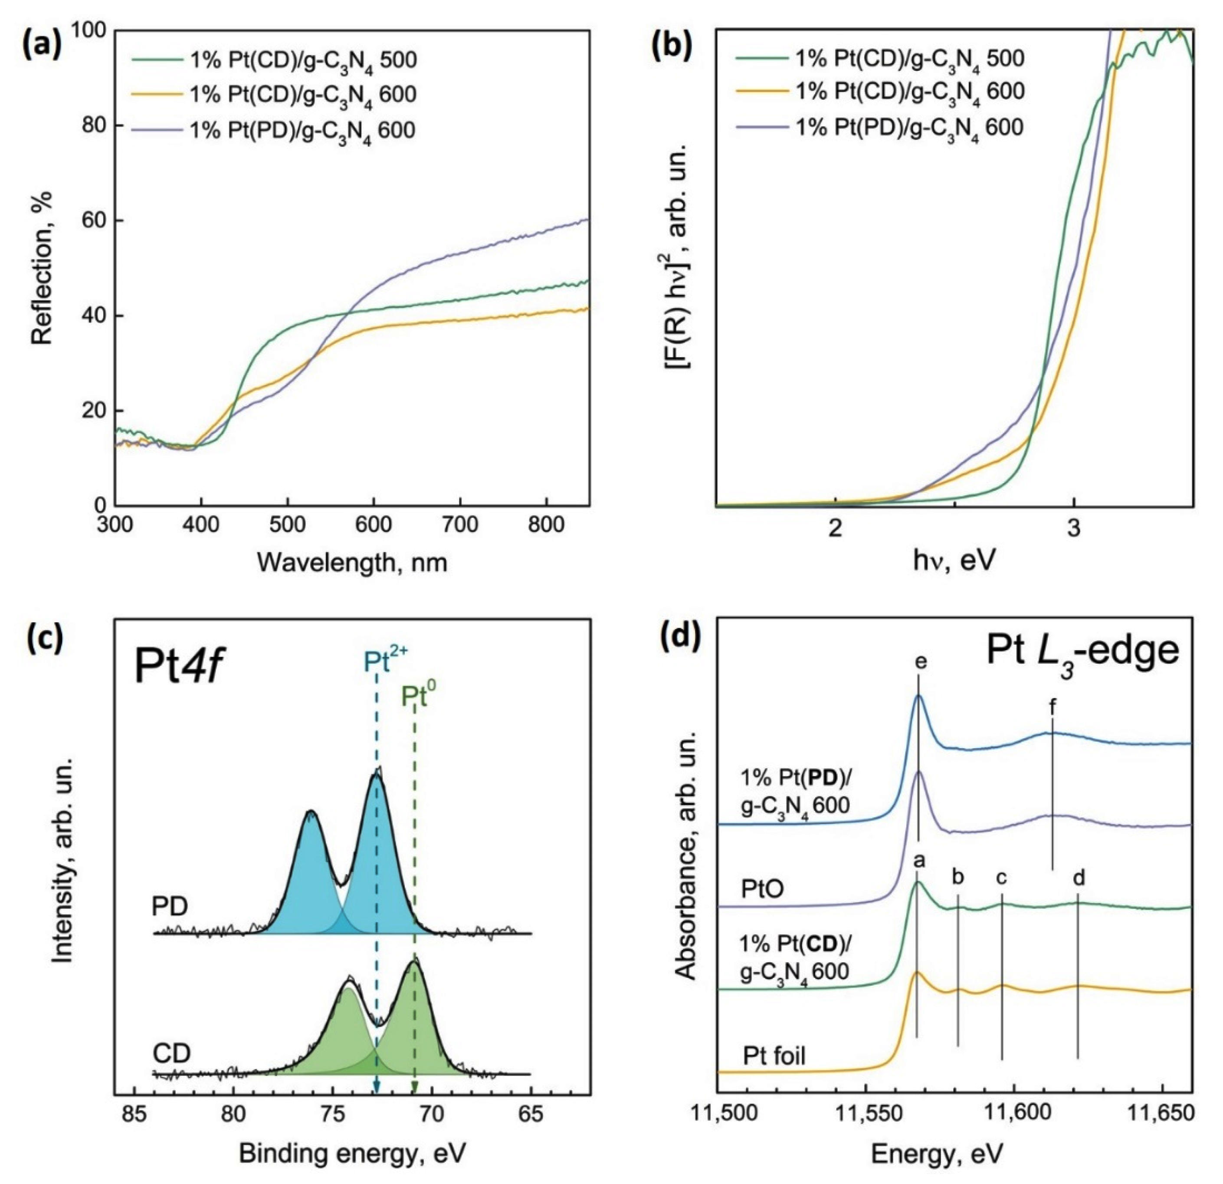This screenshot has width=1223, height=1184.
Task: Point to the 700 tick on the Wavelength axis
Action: tap(460, 524)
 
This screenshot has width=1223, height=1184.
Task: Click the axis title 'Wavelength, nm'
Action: tap(352, 563)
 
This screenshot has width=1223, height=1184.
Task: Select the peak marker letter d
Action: tap(1078, 878)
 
